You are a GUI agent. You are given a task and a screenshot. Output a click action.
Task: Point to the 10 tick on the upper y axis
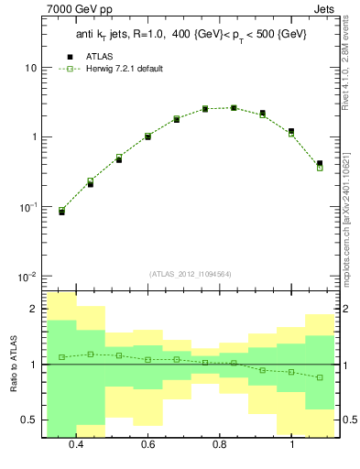pos(30,69)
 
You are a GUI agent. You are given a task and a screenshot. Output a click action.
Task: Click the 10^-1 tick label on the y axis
pos(27,207)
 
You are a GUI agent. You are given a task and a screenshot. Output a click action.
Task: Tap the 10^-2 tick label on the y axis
pos(27,277)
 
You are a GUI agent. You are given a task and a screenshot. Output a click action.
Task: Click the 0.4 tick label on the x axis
pos(76,444)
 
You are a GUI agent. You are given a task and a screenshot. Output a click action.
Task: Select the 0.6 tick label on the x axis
pos(148,444)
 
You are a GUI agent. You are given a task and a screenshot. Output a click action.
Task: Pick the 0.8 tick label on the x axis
pos(220,444)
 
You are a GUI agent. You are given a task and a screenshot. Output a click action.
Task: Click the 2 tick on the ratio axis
pos(33,310)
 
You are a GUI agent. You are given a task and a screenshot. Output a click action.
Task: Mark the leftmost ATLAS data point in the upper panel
pos(61,212)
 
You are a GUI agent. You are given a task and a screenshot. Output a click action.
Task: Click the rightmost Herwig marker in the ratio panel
pos(320,377)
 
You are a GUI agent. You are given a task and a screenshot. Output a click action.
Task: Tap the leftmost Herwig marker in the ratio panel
pos(61,357)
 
